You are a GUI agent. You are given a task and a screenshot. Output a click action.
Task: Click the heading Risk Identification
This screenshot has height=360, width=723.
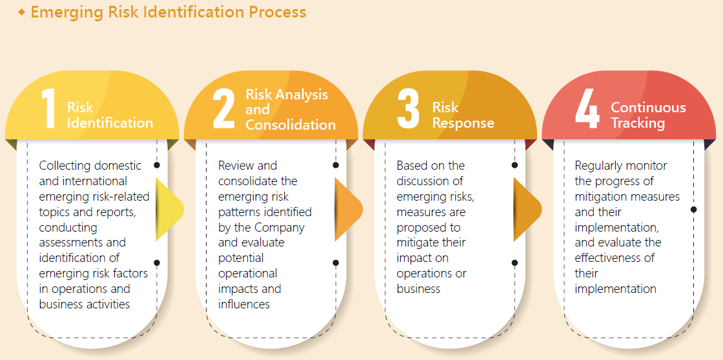pos(110,115)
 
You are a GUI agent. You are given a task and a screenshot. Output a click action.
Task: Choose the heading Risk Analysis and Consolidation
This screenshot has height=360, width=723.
pos(290,110)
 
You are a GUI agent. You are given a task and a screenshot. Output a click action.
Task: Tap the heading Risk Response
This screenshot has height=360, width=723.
pos(463,115)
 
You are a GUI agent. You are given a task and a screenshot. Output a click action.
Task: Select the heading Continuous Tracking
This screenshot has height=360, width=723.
pos(648,115)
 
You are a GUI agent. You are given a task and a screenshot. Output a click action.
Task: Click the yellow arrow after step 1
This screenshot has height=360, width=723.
pos(170,210)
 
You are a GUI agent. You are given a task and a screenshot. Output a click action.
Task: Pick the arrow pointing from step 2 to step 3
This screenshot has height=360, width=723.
pos(349,210)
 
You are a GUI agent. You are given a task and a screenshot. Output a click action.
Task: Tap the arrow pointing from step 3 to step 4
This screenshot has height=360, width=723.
pos(527,210)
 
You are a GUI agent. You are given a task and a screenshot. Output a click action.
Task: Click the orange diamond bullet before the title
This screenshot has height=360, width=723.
pos(21,12)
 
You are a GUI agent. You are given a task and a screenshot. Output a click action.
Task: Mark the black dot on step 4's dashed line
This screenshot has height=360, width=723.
pos(693,210)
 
